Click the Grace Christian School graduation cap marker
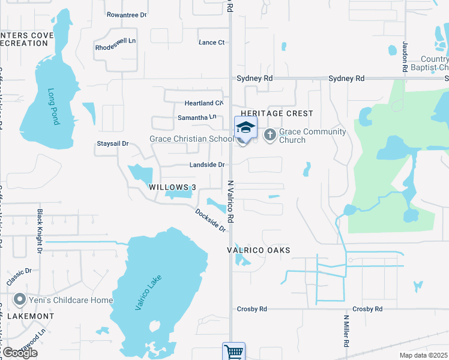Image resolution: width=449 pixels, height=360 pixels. (245, 128)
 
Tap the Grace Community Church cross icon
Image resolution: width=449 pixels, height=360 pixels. (270, 135)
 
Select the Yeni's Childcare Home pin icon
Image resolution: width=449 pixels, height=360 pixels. (20, 299)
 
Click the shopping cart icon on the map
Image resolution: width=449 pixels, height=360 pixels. (234, 352)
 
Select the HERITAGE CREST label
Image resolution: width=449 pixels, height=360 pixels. (277, 113)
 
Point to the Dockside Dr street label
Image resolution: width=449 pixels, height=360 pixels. (210, 220)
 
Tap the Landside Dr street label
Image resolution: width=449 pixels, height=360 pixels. (206, 164)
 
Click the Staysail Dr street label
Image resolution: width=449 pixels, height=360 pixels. (113, 143)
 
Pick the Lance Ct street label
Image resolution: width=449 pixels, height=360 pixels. (211, 43)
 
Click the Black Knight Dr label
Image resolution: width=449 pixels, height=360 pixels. (40, 230)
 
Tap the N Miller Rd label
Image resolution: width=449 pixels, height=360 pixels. (346, 331)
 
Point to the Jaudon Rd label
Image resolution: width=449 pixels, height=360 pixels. (405, 59)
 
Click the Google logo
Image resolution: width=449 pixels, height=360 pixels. (20, 352)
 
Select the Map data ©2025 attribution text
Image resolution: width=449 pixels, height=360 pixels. (423, 355)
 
